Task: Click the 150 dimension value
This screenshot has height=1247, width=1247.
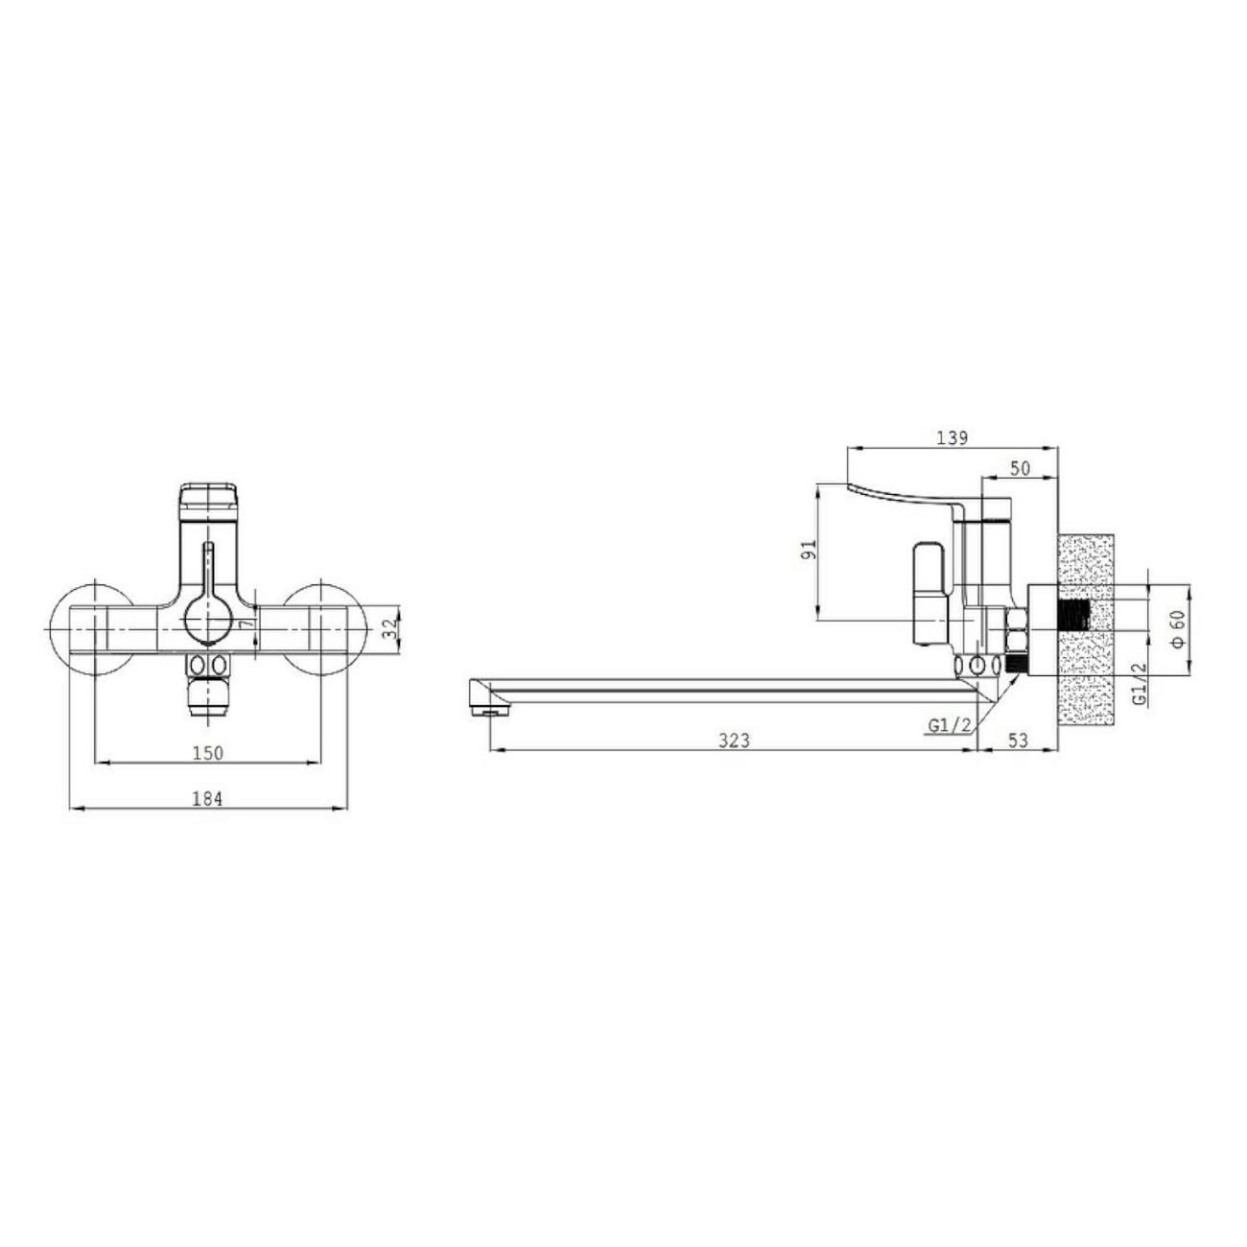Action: point(207,753)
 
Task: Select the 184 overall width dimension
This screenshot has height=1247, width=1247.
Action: point(207,799)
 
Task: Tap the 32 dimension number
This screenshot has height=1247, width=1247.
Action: point(389,628)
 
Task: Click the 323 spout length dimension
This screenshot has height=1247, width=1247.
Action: point(735,741)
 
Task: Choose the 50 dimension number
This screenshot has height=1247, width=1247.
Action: point(1020,468)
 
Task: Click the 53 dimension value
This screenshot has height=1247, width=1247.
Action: point(1019,741)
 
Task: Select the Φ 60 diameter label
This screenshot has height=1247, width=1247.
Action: point(1177,628)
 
